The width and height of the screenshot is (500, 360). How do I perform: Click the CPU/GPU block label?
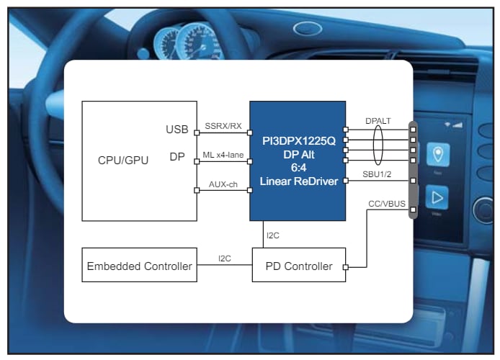[x=123, y=161]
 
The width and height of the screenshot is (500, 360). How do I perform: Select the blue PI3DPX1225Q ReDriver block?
[x=298, y=161]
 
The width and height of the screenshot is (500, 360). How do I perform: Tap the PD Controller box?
[x=298, y=266]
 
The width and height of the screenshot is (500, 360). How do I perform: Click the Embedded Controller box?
[x=139, y=266]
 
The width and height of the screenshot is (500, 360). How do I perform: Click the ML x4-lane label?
[x=223, y=154]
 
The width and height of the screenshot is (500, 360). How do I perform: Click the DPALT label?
[x=378, y=121]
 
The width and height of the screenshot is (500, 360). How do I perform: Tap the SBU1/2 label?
[x=378, y=174]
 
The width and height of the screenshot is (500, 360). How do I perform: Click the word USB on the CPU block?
[x=177, y=130]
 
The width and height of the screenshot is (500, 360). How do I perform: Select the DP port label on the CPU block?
[x=177, y=157]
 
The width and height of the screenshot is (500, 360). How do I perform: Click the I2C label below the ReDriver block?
[x=272, y=235]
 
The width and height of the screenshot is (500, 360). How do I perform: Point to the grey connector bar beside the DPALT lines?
[x=413, y=148]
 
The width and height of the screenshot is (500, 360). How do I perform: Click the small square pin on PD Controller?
[x=347, y=267]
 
